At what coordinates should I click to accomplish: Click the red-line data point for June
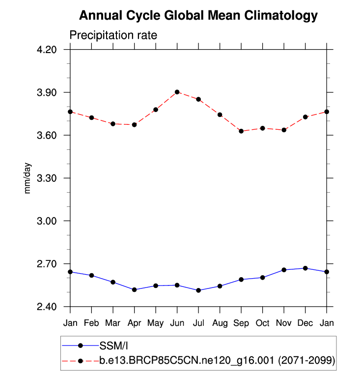point(177,92)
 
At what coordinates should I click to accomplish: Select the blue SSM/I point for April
point(135,290)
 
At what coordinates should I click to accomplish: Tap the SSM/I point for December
point(305,268)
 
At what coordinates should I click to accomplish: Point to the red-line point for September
point(241,131)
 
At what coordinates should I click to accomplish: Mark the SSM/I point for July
point(198,290)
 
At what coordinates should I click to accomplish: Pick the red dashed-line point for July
point(198,99)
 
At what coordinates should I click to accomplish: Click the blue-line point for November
point(284,270)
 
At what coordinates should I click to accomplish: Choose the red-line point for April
point(135,125)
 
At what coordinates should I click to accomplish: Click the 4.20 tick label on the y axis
point(47,50)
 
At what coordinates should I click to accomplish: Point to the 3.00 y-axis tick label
point(47,221)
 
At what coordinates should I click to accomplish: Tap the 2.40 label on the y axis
point(47,307)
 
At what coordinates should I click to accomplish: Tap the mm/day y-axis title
point(28,178)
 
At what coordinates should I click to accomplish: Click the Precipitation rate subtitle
point(113,36)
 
